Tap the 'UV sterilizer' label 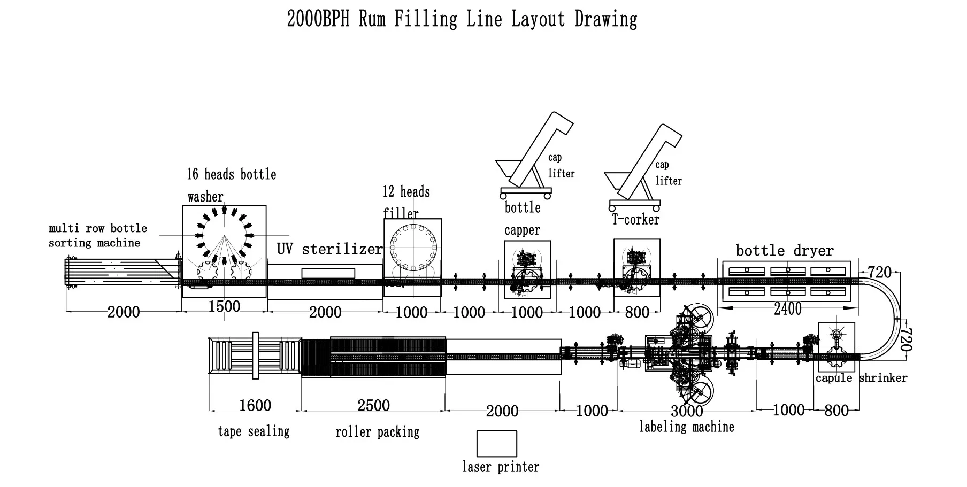329,249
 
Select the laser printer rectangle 496,444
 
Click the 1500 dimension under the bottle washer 224,306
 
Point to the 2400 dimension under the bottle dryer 788,308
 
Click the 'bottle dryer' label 784,250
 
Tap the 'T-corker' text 635,219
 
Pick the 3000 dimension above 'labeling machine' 687,411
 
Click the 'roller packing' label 377,432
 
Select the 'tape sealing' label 254,431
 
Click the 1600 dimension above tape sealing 255,405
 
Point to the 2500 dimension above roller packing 373,405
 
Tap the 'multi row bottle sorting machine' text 97,235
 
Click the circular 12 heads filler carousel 413,248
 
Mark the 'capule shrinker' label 861,378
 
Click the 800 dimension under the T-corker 637,312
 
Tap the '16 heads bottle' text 231,174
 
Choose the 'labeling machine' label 686,427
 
